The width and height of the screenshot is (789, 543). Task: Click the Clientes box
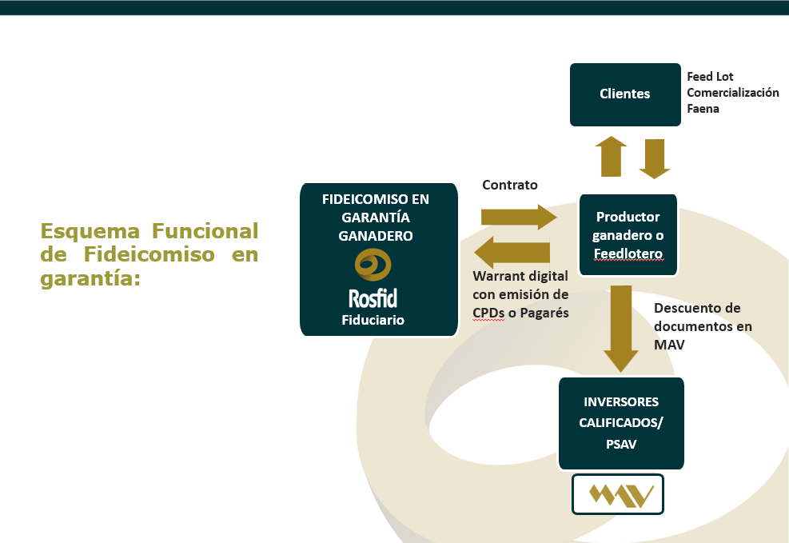pos(625,94)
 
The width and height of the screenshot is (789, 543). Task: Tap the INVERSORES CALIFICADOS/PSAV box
pos(622,423)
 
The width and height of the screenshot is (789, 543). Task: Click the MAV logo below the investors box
pos(618,494)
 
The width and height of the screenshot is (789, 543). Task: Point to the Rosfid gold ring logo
pos(373,265)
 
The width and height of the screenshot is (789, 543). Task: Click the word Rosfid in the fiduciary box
pos(373,298)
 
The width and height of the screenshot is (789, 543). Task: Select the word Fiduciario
pos(373,320)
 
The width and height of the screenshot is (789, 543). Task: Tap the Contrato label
pos(510,185)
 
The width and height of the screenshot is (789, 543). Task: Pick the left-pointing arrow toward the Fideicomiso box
pos(512,254)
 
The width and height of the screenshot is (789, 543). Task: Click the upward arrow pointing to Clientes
pos(612,156)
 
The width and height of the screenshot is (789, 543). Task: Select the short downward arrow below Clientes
pos(655,158)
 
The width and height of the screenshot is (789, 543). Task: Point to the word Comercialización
pos(732,93)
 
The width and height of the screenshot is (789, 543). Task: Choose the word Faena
pos(703,108)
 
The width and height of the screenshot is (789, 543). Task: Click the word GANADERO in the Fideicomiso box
pos(376,236)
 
